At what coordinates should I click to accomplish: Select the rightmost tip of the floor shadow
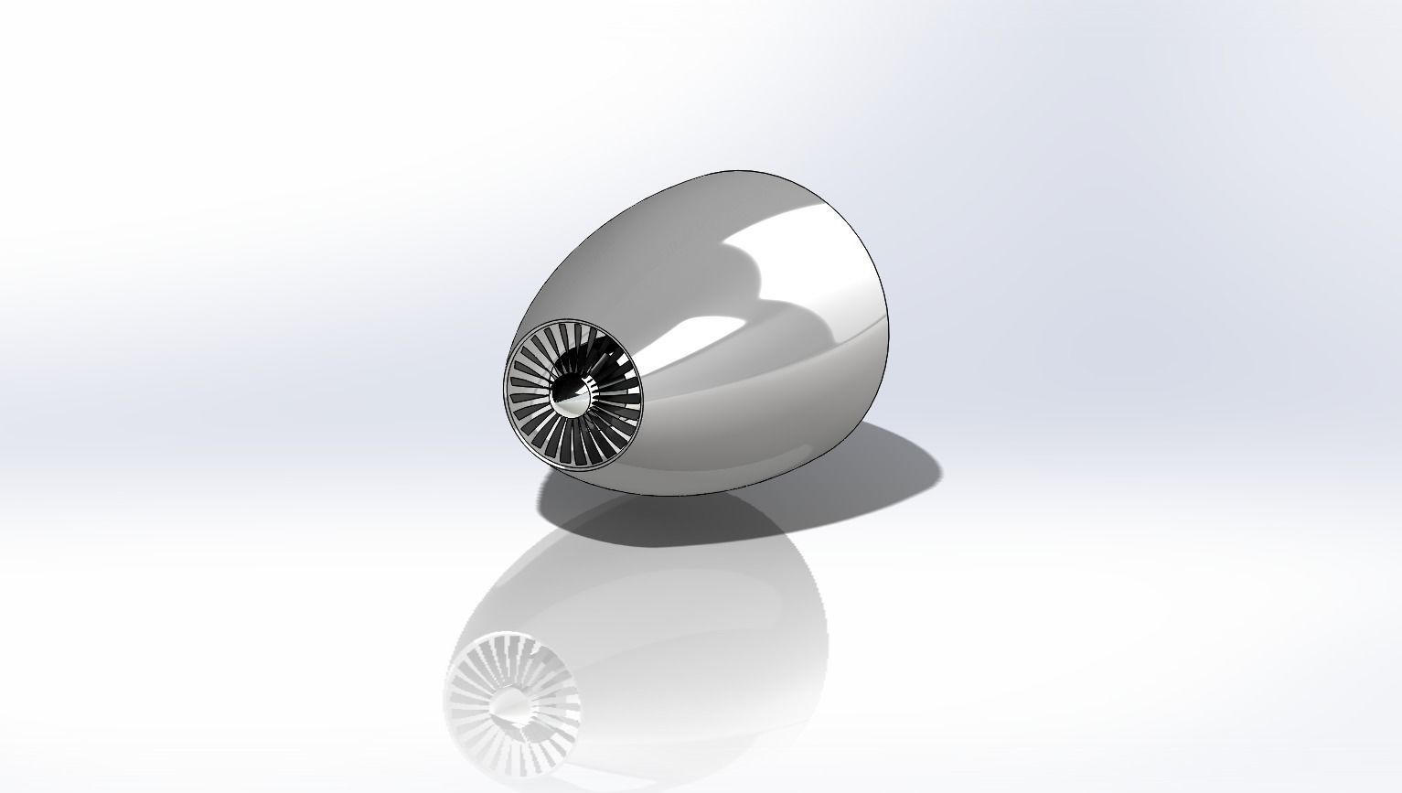pos(939,476)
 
